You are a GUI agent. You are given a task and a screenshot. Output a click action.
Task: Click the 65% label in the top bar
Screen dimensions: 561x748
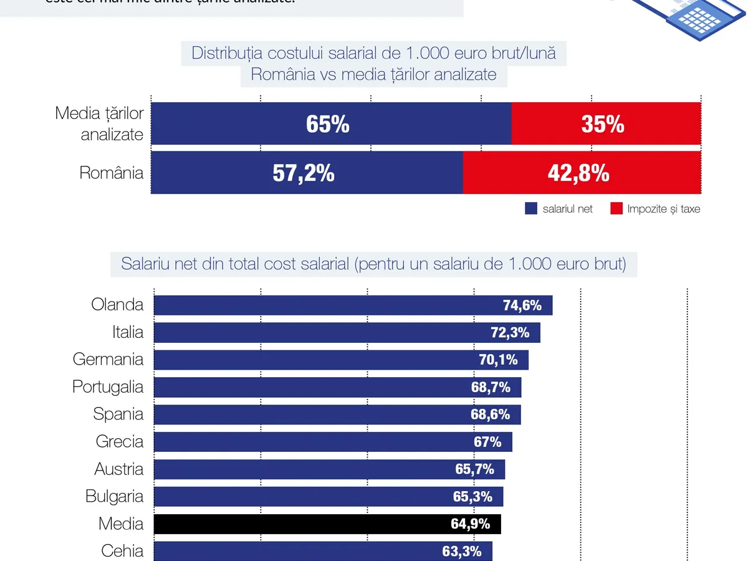[x=328, y=125]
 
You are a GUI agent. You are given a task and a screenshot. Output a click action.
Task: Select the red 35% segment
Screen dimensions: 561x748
[x=603, y=125]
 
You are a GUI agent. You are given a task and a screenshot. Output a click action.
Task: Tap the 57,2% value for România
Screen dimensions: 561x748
[x=304, y=173]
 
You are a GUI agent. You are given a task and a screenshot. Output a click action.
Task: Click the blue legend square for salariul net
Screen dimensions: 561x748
[x=531, y=209]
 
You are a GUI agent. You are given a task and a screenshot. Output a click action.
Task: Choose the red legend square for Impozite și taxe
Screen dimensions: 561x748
[x=616, y=209]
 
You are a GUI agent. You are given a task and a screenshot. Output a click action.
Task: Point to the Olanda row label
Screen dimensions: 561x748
[x=117, y=305]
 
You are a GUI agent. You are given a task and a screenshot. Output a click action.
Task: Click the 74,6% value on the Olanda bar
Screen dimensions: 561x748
[x=522, y=305]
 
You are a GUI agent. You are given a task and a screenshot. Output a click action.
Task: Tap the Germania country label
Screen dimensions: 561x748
[x=108, y=360]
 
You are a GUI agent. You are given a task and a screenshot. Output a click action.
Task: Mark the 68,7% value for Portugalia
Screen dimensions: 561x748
[x=491, y=387]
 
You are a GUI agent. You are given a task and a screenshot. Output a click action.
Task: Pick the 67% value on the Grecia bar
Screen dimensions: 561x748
[x=487, y=442]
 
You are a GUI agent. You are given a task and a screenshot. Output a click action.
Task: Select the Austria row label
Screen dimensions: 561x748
[x=119, y=469]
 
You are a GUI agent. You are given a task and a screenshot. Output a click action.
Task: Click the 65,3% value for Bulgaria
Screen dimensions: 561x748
[x=472, y=497]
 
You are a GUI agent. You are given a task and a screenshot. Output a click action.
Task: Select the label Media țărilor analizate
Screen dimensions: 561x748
[x=100, y=124]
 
